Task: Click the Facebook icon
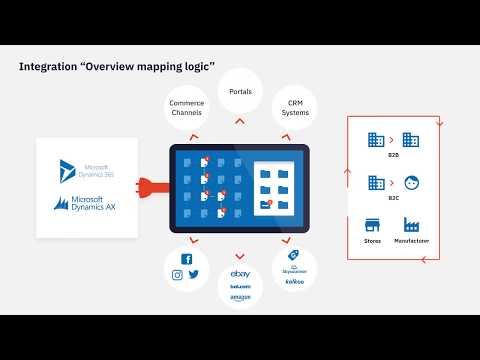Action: tap(186, 259)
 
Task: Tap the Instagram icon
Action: tap(178, 275)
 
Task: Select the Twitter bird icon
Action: tap(194, 275)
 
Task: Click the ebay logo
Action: tap(239, 273)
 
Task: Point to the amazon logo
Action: tap(239, 298)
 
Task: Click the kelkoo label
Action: tap(294, 281)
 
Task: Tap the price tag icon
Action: tap(295, 256)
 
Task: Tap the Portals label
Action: tap(240, 92)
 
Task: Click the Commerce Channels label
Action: tap(187, 107)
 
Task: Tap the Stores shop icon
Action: tap(373, 225)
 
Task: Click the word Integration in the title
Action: tap(50, 68)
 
